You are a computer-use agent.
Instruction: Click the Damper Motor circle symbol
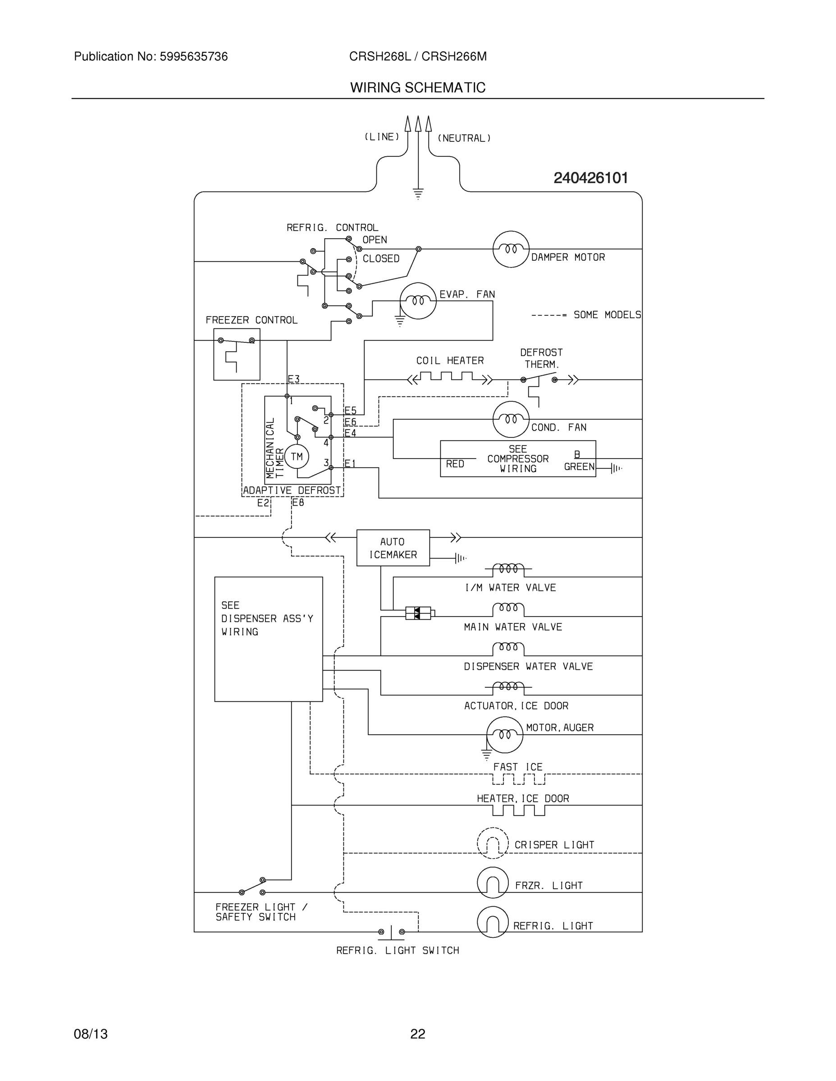tap(511, 249)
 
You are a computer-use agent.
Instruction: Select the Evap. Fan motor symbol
tap(418, 301)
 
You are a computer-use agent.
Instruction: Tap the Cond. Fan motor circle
tap(511, 420)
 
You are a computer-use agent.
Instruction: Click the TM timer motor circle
tap(297, 456)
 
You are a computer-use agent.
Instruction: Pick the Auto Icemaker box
tap(393, 548)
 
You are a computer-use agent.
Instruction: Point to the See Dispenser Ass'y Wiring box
tap(269, 639)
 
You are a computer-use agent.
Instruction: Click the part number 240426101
tap(590, 178)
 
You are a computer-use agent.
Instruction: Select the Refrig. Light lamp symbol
tap(492, 922)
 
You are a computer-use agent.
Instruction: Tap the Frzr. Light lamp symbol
tap(492, 882)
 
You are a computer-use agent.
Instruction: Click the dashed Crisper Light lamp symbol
tap(492, 842)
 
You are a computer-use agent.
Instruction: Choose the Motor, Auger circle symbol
tap(504, 735)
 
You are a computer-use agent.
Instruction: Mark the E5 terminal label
tap(351, 411)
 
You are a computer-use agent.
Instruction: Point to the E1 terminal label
tap(350, 464)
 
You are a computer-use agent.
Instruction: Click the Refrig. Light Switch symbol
tap(391, 931)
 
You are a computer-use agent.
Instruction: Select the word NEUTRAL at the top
tap(464, 139)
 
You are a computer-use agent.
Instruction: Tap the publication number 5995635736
tap(193, 57)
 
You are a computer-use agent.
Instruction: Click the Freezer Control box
tap(237, 354)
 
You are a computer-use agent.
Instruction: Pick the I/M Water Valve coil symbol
tap(508, 569)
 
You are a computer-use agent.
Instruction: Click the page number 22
tap(417, 1034)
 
